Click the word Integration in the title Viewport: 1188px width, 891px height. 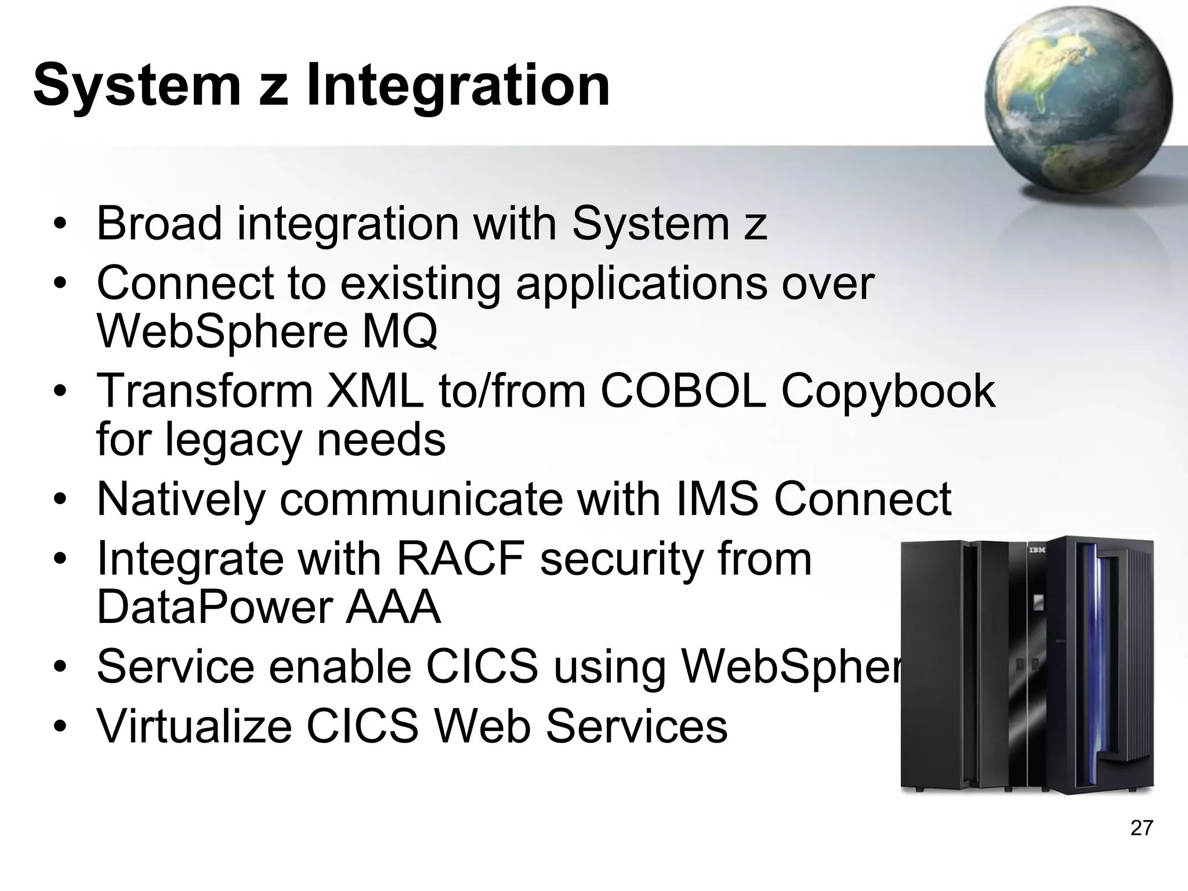coord(458,86)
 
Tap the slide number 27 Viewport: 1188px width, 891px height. coord(1141,828)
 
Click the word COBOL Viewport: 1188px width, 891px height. coord(683,391)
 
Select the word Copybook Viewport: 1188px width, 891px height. coord(888,392)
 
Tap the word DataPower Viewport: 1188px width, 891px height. coord(213,607)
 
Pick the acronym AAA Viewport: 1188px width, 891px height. coord(393,607)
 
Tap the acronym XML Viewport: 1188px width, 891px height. coord(375,391)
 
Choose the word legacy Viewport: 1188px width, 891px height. coord(233,440)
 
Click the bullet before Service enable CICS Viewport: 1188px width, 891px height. coord(59,668)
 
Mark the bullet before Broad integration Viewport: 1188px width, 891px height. coord(59,224)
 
